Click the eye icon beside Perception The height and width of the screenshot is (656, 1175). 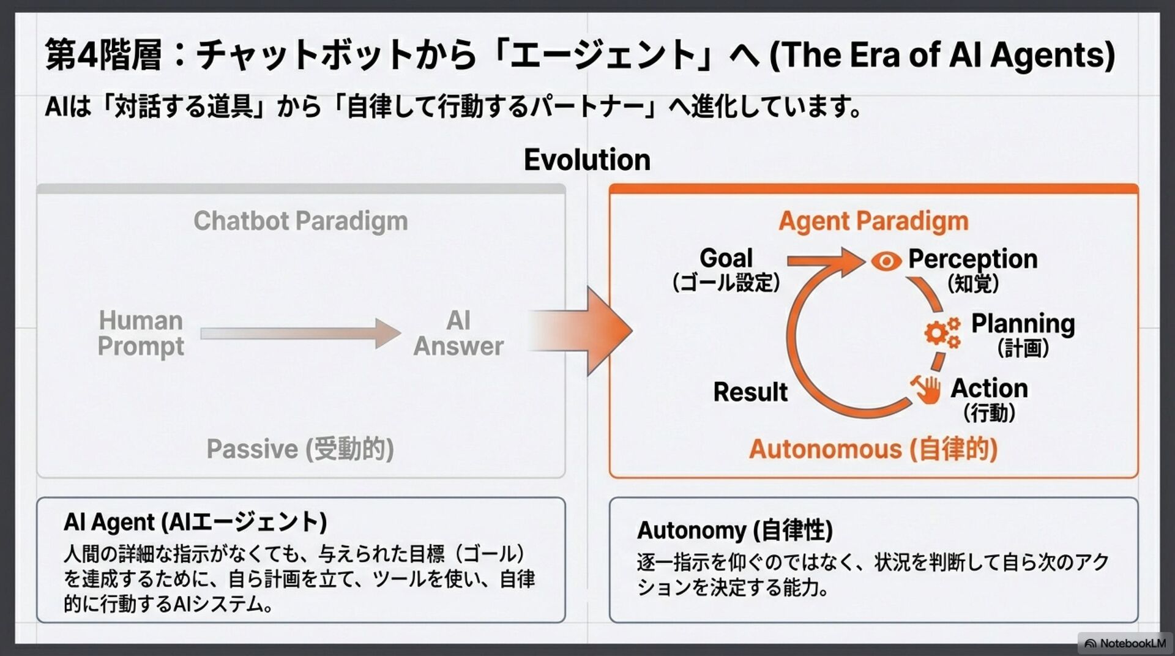[x=886, y=261]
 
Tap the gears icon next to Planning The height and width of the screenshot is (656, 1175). [x=941, y=333]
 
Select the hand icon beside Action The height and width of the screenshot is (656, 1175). [x=926, y=389]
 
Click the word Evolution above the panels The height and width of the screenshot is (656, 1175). [x=587, y=160]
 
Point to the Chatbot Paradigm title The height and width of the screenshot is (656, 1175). [x=300, y=221]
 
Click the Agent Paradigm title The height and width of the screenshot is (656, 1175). [x=873, y=221]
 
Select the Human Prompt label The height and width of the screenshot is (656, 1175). [x=141, y=334]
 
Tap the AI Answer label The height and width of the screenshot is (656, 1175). [x=458, y=334]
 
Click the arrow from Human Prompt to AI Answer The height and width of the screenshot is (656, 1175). [x=300, y=334]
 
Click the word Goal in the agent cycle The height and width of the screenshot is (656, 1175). [x=726, y=258]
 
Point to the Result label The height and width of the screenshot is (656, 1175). [x=750, y=392]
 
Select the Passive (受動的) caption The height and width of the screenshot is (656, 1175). [x=300, y=449]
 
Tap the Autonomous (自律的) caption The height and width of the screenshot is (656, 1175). [x=873, y=449]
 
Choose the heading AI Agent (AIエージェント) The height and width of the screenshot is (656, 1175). [x=195, y=522]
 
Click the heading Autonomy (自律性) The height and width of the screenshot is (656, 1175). [x=735, y=530]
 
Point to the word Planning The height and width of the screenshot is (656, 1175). [x=1023, y=324]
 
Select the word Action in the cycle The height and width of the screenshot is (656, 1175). [x=989, y=389]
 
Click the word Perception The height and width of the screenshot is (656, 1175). [x=972, y=259]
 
